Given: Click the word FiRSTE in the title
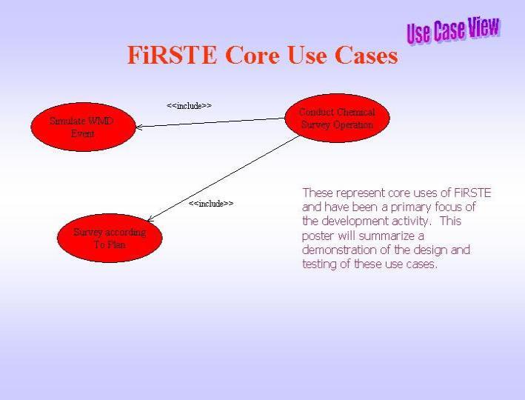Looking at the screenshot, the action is click(x=172, y=55).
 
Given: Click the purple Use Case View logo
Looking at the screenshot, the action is click(x=453, y=30).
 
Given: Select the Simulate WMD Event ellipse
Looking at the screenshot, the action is click(x=84, y=127).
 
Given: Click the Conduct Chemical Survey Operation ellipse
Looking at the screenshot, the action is click(x=337, y=118).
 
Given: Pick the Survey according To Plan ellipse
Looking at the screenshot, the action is click(x=110, y=239).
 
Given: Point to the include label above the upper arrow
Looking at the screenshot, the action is click(x=189, y=106).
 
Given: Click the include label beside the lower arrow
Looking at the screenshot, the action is click(x=211, y=204).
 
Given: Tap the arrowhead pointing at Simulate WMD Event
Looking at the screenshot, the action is click(x=138, y=127).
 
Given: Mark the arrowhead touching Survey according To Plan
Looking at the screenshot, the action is click(x=150, y=219).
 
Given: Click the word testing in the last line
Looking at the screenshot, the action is click(x=319, y=264).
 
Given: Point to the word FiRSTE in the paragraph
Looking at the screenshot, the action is click(x=472, y=193).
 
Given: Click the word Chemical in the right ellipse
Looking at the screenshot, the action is click(x=356, y=112).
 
